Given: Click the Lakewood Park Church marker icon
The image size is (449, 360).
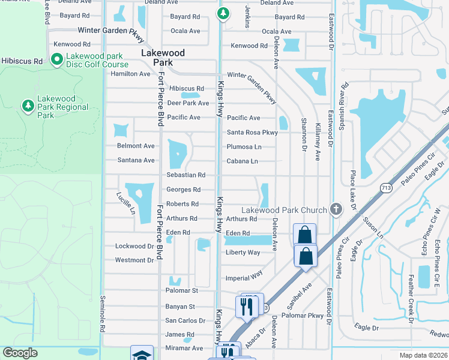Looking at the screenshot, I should (336, 210).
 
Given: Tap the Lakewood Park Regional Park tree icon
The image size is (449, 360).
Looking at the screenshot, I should (28, 106).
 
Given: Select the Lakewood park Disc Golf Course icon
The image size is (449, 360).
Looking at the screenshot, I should (57, 59).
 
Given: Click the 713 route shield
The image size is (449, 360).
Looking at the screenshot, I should (386, 188).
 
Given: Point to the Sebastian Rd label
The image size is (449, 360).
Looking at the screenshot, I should (186, 175).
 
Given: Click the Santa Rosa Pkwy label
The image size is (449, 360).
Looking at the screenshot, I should (252, 133).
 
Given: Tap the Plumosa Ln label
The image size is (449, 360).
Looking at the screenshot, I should (244, 147).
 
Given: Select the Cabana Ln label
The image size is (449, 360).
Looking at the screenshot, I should (242, 161).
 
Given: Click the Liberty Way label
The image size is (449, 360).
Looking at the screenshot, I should (243, 253).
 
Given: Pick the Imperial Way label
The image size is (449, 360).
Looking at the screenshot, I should (244, 278).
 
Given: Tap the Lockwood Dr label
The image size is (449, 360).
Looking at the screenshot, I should (134, 246).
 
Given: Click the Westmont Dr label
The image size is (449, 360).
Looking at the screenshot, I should (134, 260).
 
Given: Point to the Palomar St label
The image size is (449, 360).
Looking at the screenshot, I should (181, 291).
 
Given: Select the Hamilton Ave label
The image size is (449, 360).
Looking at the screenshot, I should (130, 74).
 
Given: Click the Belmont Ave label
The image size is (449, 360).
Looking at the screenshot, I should (136, 146).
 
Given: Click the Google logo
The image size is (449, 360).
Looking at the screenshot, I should (20, 353).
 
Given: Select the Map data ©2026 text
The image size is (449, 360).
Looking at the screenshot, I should (423, 355).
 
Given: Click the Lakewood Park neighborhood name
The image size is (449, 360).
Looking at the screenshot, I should (163, 58).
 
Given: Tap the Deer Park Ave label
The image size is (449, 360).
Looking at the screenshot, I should (188, 103).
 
